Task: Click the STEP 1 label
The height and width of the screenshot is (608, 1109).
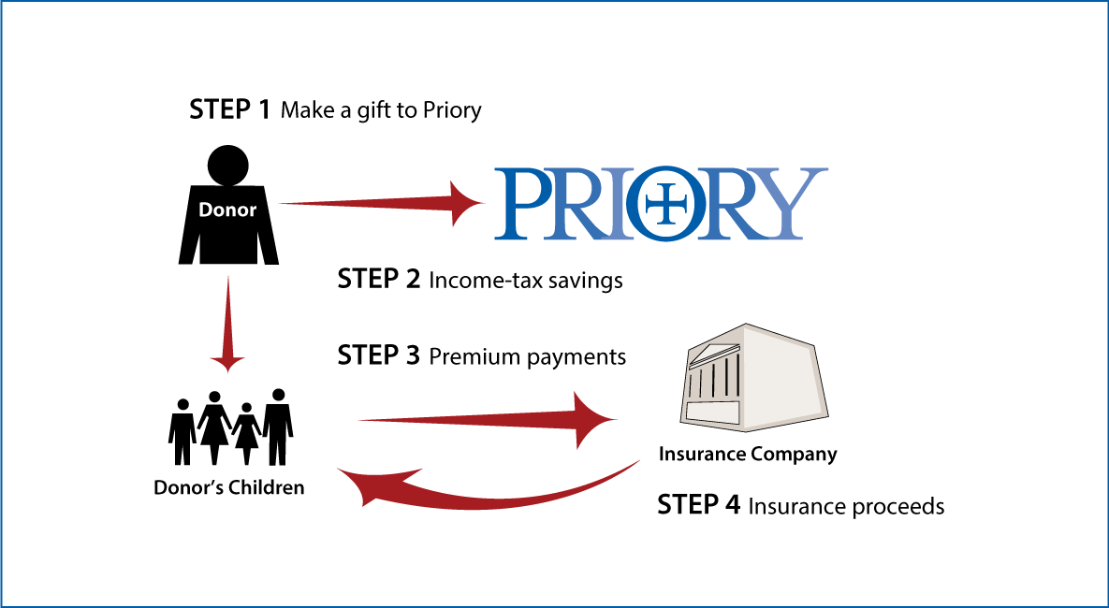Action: (x=229, y=109)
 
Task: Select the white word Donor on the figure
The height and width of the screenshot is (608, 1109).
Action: (x=227, y=210)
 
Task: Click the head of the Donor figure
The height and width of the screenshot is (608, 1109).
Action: (x=227, y=166)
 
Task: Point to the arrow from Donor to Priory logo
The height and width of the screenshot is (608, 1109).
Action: (x=382, y=203)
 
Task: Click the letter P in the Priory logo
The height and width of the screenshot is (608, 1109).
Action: (x=522, y=203)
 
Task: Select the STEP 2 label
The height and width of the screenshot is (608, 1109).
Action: (x=378, y=280)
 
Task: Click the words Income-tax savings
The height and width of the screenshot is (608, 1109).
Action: (x=526, y=281)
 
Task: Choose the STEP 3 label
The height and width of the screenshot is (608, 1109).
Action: (x=378, y=355)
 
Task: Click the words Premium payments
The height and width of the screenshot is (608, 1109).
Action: (x=527, y=357)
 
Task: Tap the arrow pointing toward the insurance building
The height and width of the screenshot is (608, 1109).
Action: (x=488, y=421)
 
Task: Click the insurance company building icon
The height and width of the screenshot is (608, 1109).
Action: (x=755, y=378)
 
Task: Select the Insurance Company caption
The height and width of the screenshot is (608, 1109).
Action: (x=748, y=454)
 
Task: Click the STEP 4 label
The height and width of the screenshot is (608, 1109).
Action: (x=699, y=505)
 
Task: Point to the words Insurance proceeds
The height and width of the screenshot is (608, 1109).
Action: (x=846, y=507)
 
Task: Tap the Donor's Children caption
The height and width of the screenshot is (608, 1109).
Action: (x=229, y=488)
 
